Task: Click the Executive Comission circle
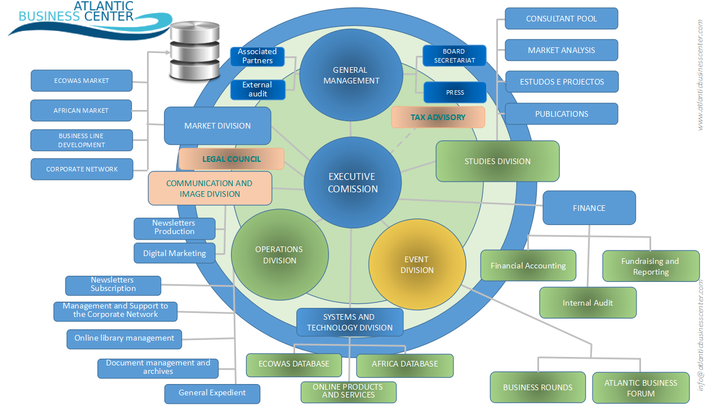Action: click(353, 182)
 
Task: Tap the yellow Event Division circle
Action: click(417, 264)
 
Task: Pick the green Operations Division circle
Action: click(279, 255)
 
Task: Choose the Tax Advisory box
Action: click(438, 117)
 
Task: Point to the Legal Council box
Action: click(231, 159)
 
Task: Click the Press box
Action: click(455, 92)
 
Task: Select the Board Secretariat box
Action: click(454, 56)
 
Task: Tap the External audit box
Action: click(257, 89)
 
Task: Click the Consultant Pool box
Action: click(561, 19)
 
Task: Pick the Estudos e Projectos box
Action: click(562, 82)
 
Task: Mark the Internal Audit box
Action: click(588, 303)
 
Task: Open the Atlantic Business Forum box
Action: click(640, 388)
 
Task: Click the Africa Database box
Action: click(404, 364)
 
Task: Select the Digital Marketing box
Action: click(175, 253)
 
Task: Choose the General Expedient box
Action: click(212, 393)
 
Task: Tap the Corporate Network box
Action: click(82, 169)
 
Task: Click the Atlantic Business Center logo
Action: click(90, 18)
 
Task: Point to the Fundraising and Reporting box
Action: click(651, 266)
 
